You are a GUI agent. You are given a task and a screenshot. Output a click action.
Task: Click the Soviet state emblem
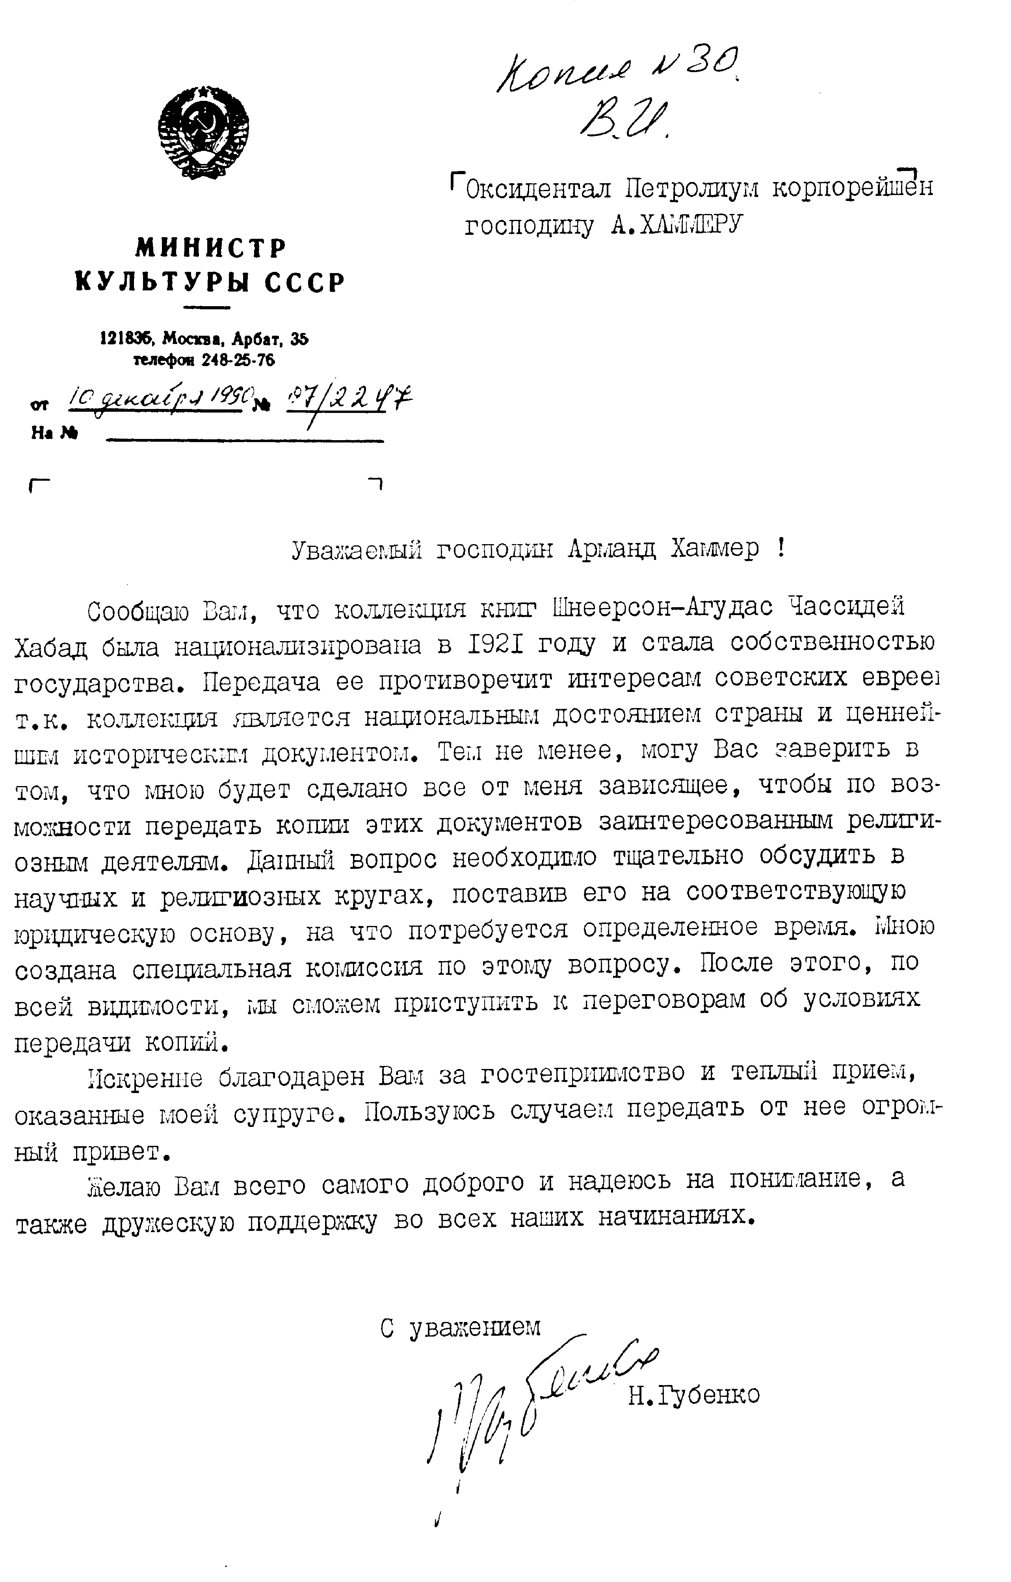203,131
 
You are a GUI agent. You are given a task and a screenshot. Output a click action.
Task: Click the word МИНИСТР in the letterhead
211,248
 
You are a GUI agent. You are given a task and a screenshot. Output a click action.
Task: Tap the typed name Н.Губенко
694,1395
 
